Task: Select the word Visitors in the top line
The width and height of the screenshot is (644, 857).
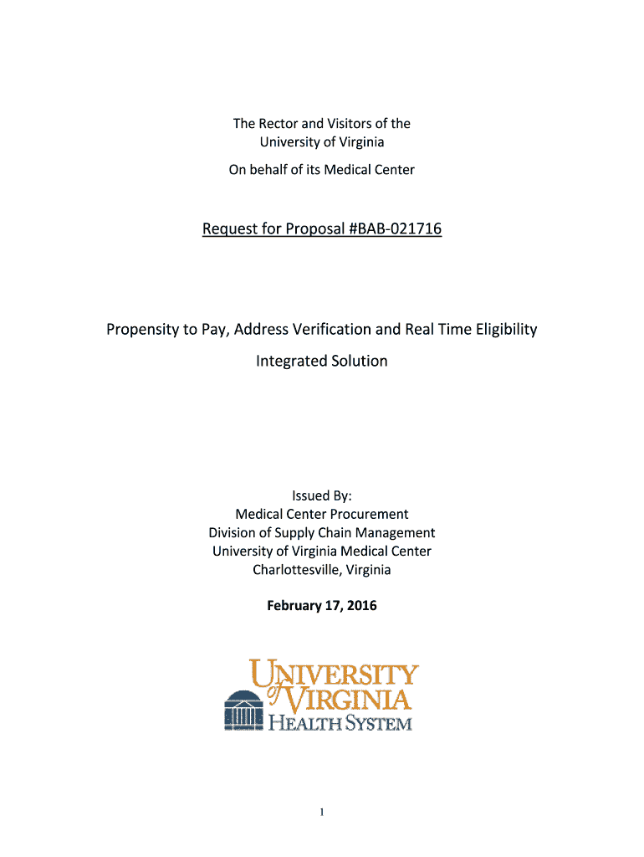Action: pyautogui.click(x=355, y=124)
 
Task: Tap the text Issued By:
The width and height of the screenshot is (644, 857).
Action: pyautogui.click(x=322, y=495)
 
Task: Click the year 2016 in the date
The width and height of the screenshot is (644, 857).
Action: pyautogui.click(x=362, y=605)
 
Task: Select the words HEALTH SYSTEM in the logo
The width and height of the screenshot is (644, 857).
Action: pyautogui.click(x=340, y=721)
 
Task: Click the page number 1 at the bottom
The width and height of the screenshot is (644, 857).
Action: pyautogui.click(x=322, y=812)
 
